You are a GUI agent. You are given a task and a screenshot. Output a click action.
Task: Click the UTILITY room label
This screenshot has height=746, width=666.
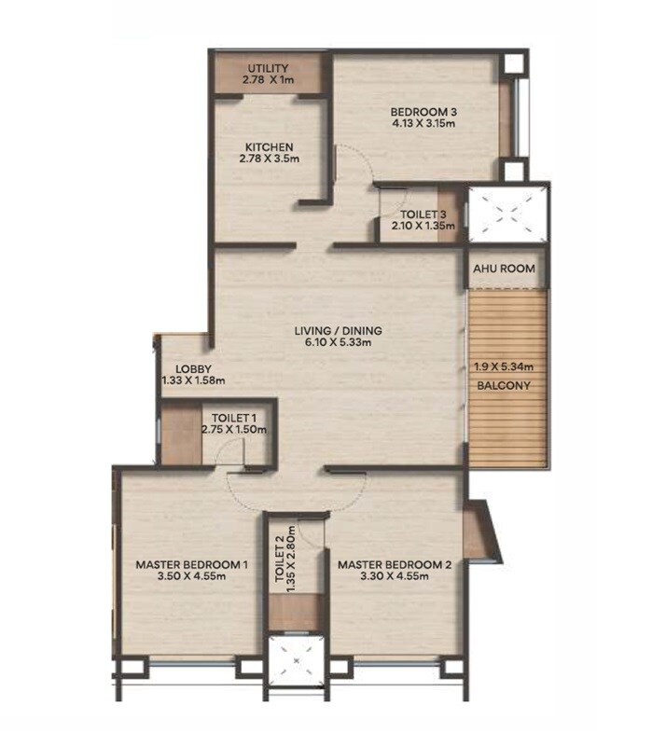[268, 69]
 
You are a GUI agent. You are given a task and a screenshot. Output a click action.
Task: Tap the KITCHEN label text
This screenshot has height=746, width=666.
[270, 147]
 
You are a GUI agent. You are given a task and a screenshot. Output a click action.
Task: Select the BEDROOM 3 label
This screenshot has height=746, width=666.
[423, 115]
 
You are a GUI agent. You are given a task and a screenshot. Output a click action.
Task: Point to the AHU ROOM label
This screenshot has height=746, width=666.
[504, 269]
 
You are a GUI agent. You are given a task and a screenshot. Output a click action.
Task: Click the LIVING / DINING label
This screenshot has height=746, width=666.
[339, 330]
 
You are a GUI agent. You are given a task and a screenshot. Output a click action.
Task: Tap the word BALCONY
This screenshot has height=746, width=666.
[505, 385]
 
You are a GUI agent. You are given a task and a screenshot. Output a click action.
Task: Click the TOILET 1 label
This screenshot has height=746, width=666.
[233, 417]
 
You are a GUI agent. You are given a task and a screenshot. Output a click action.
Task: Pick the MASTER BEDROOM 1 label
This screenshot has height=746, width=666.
[191, 564]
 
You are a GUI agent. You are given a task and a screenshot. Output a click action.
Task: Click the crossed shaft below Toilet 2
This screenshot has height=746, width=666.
[296, 663]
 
